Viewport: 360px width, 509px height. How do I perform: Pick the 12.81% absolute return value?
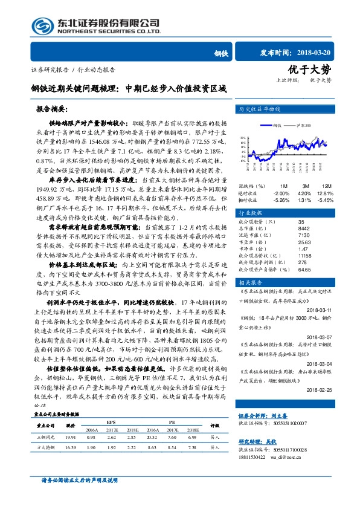click(x=325, y=193)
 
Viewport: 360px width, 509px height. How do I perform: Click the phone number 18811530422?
click(x=252, y=440)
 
